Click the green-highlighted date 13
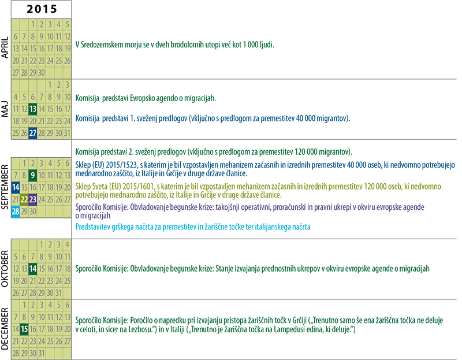[x=33, y=108]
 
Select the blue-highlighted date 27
[x=33, y=132]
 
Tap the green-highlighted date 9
[x=33, y=175]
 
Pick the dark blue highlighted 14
[x=15, y=187]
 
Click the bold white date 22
[x=24, y=199]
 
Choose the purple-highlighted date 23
[x=33, y=199]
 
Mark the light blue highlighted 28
[x=15, y=211]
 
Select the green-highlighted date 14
[x=33, y=269]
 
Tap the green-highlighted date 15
[x=24, y=329]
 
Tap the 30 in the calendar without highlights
[x=42, y=72]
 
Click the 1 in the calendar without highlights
[x=33, y=24]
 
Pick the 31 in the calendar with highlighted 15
[x=42, y=352]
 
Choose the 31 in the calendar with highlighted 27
[x=68, y=132]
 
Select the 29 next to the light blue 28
[x=24, y=211]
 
